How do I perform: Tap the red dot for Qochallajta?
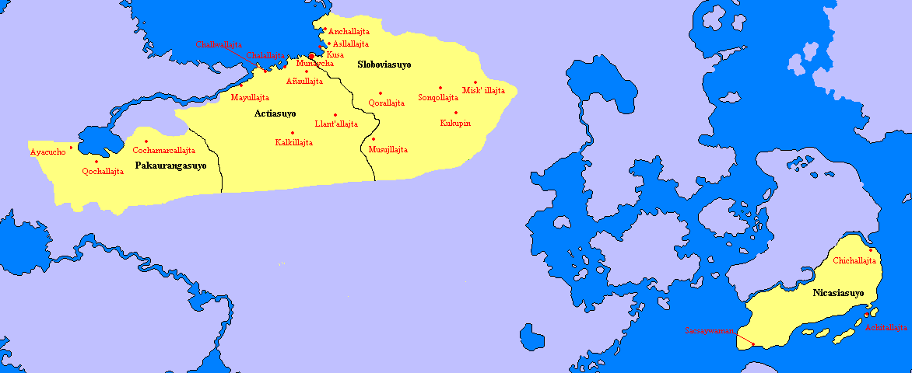coord(96,162)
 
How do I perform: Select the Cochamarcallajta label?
coord(164,150)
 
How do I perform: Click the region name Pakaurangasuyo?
coord(177,166)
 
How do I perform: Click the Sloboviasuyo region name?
coord(384,64)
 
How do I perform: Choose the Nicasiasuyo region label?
coord(828,294)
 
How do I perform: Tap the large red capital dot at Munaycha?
coord(312,56)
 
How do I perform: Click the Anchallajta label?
coord(349,32)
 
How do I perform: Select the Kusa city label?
coord(335,54)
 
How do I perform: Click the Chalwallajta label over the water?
coord(219,44)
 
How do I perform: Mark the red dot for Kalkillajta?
coord(292,133)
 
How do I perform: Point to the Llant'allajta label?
coord(336,124)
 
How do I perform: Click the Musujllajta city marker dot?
coord(374,139)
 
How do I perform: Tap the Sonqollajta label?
coord(438,98)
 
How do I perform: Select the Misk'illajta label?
coord(483,91)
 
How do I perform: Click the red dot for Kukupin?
coord(456,113)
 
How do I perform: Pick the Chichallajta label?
coord(855,261)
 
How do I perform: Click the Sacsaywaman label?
coord(710,331)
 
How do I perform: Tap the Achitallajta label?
coord(886,328)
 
